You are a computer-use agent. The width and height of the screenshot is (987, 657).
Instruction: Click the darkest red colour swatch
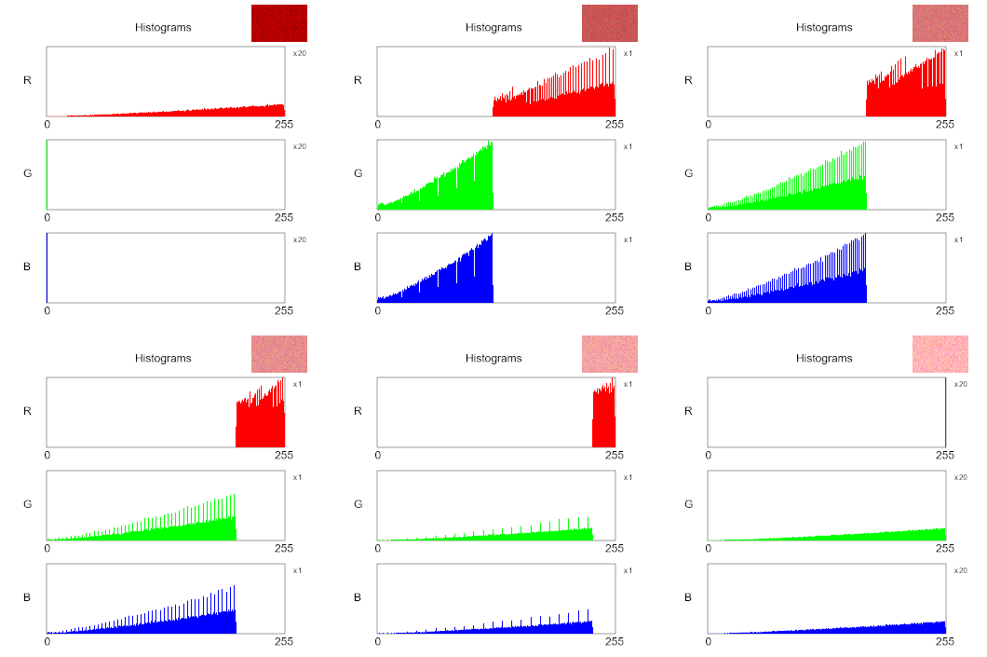click(278, 23)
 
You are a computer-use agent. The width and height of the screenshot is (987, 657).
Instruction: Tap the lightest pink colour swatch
click(940, 354)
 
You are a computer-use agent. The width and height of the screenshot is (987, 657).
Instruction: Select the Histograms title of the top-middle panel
click(493, 27)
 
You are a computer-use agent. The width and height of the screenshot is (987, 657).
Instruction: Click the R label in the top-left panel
click(28, 80)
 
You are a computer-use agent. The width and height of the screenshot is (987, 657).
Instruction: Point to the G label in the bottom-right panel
click(689, 504)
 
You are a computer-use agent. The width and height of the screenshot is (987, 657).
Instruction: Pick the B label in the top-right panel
click(689, 267)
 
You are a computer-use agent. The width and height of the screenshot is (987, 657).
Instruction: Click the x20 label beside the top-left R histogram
click(300, 53)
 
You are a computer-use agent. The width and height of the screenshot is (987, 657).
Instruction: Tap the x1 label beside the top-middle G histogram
click(628, 146)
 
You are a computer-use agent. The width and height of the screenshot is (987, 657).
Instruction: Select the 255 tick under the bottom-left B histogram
click(284, 641)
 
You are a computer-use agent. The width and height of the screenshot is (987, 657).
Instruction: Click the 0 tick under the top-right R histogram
click(709, 124)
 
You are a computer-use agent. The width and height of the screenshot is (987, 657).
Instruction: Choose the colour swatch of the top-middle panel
click(609, 23)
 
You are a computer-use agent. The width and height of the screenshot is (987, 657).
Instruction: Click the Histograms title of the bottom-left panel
click(163, 358)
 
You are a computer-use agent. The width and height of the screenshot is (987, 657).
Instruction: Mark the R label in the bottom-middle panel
click(358, 411)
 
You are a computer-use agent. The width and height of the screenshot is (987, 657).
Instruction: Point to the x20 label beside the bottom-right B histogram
click(961, 570)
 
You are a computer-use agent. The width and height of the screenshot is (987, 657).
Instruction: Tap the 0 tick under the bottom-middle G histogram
click(378, 548)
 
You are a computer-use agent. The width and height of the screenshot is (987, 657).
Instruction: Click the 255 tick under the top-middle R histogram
click(615, 124)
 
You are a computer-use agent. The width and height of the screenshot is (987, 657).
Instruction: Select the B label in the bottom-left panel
click(28, 597)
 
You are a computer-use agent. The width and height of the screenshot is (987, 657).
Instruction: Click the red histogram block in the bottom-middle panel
click(604, 419)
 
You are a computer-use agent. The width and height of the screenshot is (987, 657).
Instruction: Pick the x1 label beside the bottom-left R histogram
click(297, 384)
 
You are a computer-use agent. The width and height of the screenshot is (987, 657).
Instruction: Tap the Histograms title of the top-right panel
click(824, 27)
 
